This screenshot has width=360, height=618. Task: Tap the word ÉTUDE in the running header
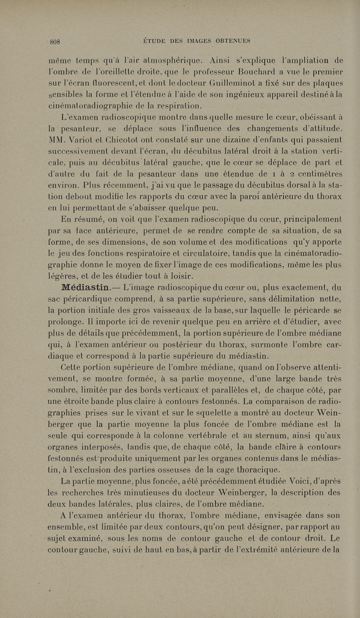[x=157, y=41]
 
